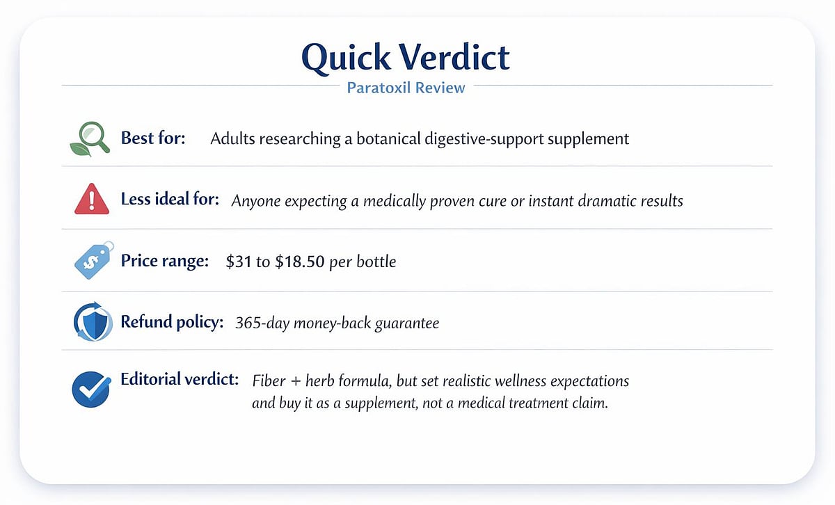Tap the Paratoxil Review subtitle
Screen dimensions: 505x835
(416, 88)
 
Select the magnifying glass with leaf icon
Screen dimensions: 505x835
(90, 138)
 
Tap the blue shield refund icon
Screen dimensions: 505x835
(92, 322)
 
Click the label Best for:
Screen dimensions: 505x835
(153, 138)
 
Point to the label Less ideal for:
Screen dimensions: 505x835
(170, 200)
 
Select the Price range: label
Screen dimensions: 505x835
(165, 262)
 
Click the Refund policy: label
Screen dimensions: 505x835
(172, 323)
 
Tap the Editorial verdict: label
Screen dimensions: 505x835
(180, 380)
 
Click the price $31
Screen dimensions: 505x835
(239, 262)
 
